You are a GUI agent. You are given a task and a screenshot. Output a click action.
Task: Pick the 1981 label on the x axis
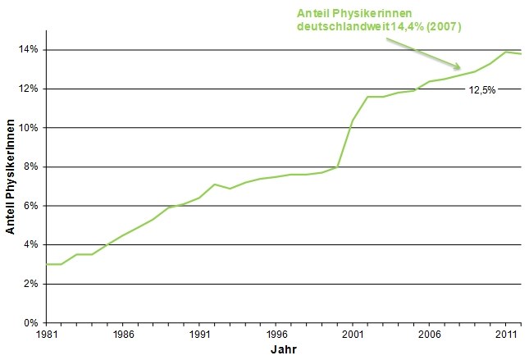47,335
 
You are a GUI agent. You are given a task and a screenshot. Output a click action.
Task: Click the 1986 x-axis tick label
123,335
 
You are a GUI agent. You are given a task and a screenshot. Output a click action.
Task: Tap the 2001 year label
353,335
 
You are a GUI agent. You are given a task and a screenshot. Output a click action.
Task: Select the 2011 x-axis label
505,335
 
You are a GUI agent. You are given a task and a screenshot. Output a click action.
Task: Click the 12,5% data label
482,90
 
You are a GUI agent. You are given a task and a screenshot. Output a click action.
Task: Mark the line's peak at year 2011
506,52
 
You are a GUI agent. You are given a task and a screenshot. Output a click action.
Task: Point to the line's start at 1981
47,264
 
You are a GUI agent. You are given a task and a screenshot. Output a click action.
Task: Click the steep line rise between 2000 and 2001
345,144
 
